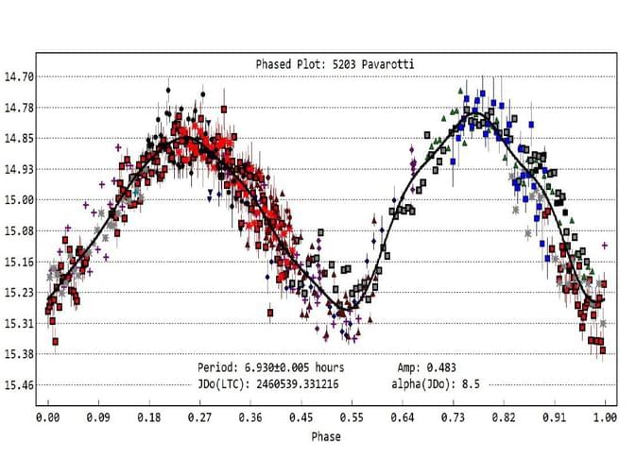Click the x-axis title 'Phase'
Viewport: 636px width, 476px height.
coord(325,436)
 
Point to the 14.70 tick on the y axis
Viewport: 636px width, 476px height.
coord(21,76)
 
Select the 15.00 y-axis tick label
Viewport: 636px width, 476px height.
coord(21,199)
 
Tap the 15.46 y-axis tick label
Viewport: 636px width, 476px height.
coord(21,384)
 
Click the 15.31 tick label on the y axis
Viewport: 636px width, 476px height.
coord(21,323)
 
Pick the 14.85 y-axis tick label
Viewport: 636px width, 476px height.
coord(21,138)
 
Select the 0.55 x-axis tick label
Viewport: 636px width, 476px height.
coord(352,416)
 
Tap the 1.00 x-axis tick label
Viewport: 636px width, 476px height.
coord(605,416)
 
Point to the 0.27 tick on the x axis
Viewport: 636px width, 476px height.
coord(199,416)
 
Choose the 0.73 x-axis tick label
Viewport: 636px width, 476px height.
coord(453,416)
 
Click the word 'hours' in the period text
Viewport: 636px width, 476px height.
coord(330,366)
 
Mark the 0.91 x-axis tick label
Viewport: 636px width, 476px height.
coord(554,416)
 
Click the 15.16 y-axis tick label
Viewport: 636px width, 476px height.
coord(21,262)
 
